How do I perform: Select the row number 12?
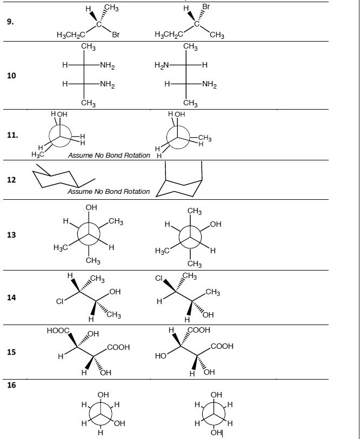[x=11, y=179]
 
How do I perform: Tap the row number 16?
[x=11, y=386]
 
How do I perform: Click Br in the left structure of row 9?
[x=116, y=36]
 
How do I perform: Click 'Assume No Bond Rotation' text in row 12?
[x=109, y=192]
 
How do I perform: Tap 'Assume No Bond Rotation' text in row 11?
[x=109, y=156]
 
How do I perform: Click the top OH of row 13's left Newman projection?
[x=91, y=207]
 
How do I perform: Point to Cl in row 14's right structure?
[x=159, y=279]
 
